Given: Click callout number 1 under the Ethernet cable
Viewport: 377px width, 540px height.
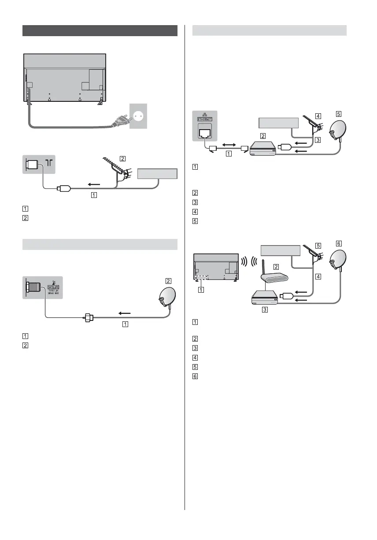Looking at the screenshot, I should point(228,154).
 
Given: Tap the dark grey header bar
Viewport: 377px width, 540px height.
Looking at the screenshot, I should point(100,30).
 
